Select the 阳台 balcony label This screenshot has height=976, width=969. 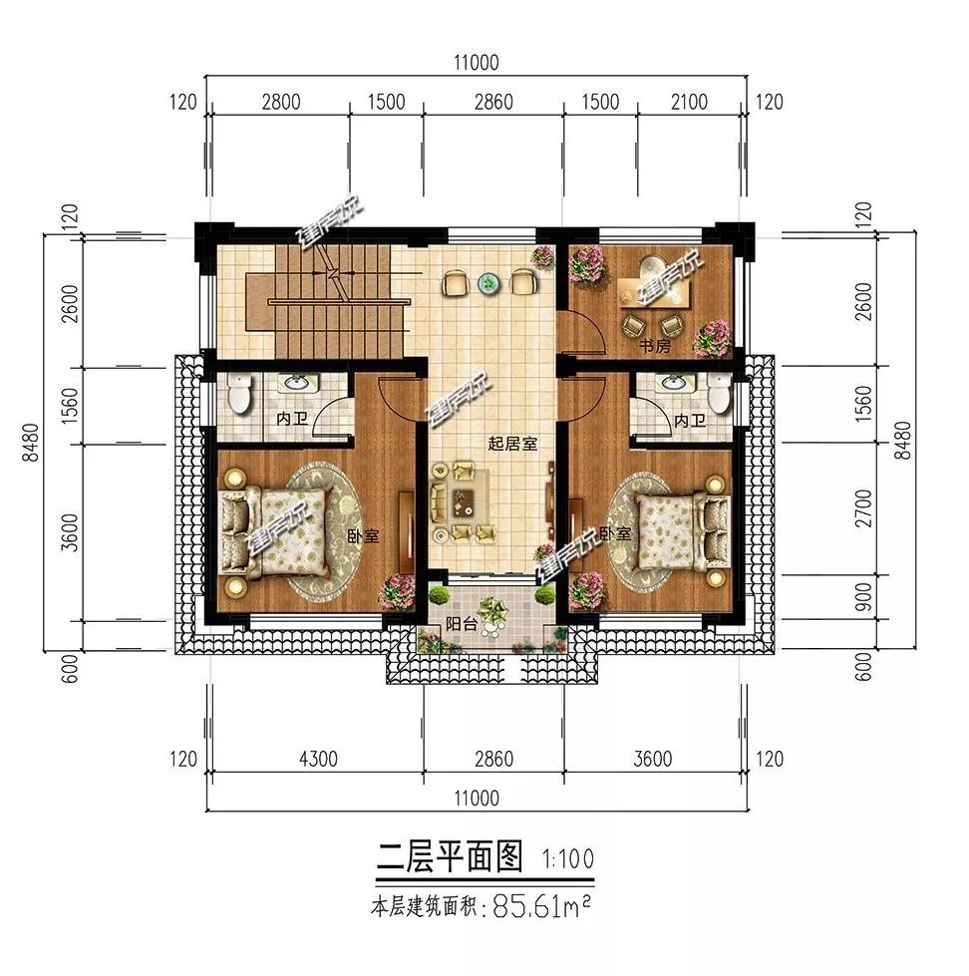click(x=460, y=626)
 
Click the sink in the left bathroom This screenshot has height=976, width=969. click(x=295, y=384)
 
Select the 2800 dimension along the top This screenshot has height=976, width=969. click(x=281, y=102)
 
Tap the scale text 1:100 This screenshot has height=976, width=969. click(x=570, y=856)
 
